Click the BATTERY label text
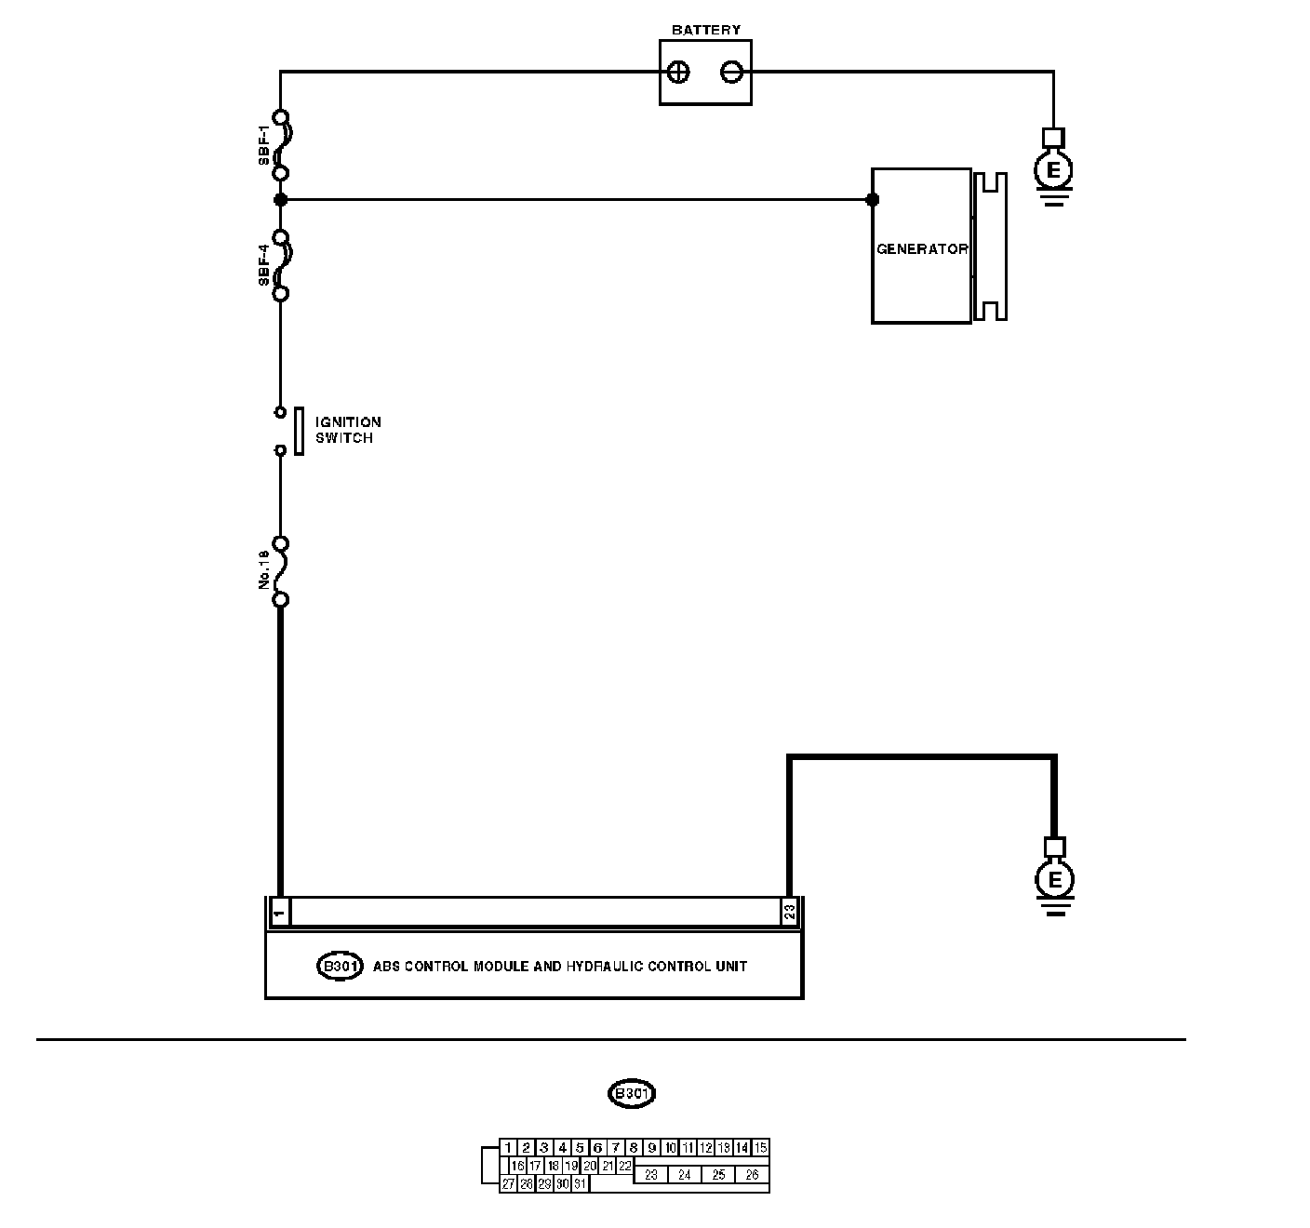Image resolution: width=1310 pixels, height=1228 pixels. [x=705, y=30]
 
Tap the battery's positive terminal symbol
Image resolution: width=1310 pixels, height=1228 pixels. [x=679, y=73]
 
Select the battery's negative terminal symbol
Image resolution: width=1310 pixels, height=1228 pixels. [x=732, y=73]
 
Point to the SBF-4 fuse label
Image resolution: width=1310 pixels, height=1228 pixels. [x=264, y=265]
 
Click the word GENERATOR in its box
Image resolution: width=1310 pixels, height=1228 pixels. [x=921, y=249]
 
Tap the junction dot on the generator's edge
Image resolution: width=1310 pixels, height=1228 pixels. [x=872, y=199]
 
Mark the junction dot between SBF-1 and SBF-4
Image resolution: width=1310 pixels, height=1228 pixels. [x=280, y=199]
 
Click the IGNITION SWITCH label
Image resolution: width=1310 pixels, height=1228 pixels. [x=347, y=430]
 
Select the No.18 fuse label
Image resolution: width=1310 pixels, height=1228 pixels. [x=264, y=569]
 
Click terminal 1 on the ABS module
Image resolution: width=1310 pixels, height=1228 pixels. [x=279, y=913]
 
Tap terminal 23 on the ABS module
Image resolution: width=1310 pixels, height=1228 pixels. [x=789, y=913]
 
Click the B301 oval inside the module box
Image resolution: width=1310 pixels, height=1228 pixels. [x=340, y=966]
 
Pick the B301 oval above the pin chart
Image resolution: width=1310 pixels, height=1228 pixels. [x=631, y=1093]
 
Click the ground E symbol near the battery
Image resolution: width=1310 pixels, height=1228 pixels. [x=1053, y=170]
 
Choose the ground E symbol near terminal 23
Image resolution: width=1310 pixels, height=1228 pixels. [x=1054, y=879]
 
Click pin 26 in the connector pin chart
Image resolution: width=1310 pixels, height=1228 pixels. [x=752, y=1175]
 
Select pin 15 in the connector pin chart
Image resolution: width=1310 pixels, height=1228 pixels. [x=760, y=1148]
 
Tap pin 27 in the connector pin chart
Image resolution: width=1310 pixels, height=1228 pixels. [x=508, y=1184]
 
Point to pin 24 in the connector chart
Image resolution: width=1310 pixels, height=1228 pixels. [x=684, y=1175]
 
